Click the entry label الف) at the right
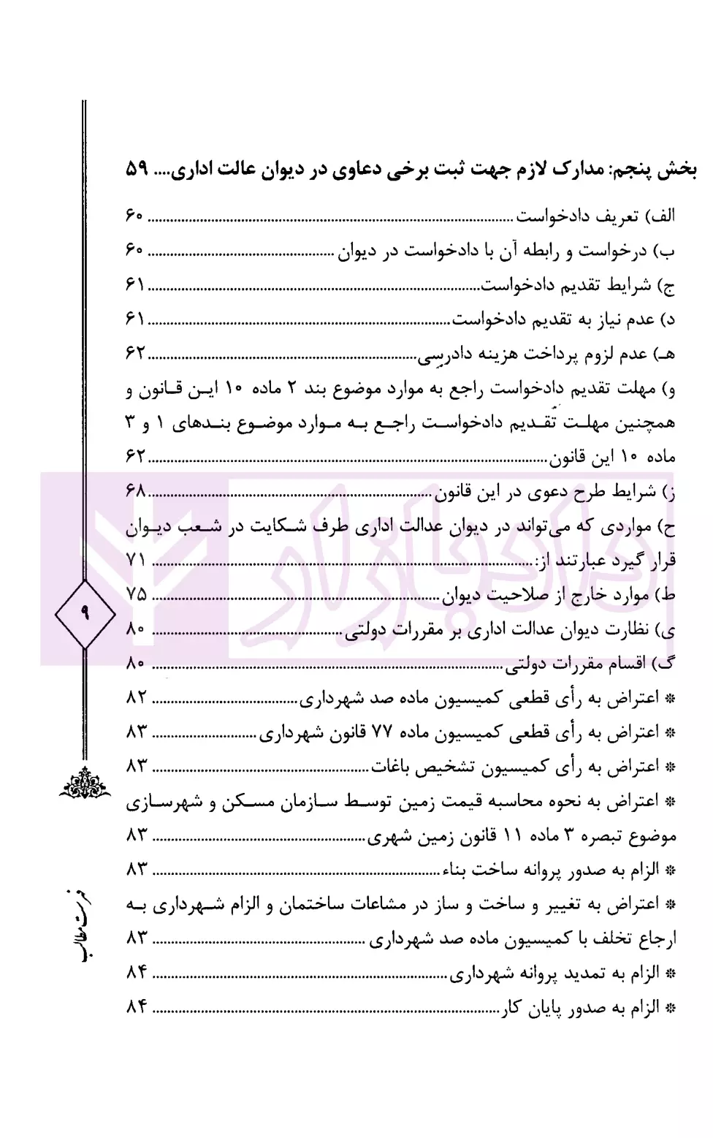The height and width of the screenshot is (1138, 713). coord(663,216)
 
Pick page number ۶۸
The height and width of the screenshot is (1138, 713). coord(137,491)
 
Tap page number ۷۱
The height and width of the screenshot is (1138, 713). coord(137,561)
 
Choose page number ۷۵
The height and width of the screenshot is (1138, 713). coord(137,595)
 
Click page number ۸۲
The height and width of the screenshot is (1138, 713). coord(137,698)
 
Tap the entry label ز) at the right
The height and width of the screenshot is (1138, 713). coord(668,491)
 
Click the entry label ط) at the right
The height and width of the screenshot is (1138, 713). coord(666,595)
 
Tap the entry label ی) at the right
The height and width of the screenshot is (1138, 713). coord(666,629)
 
